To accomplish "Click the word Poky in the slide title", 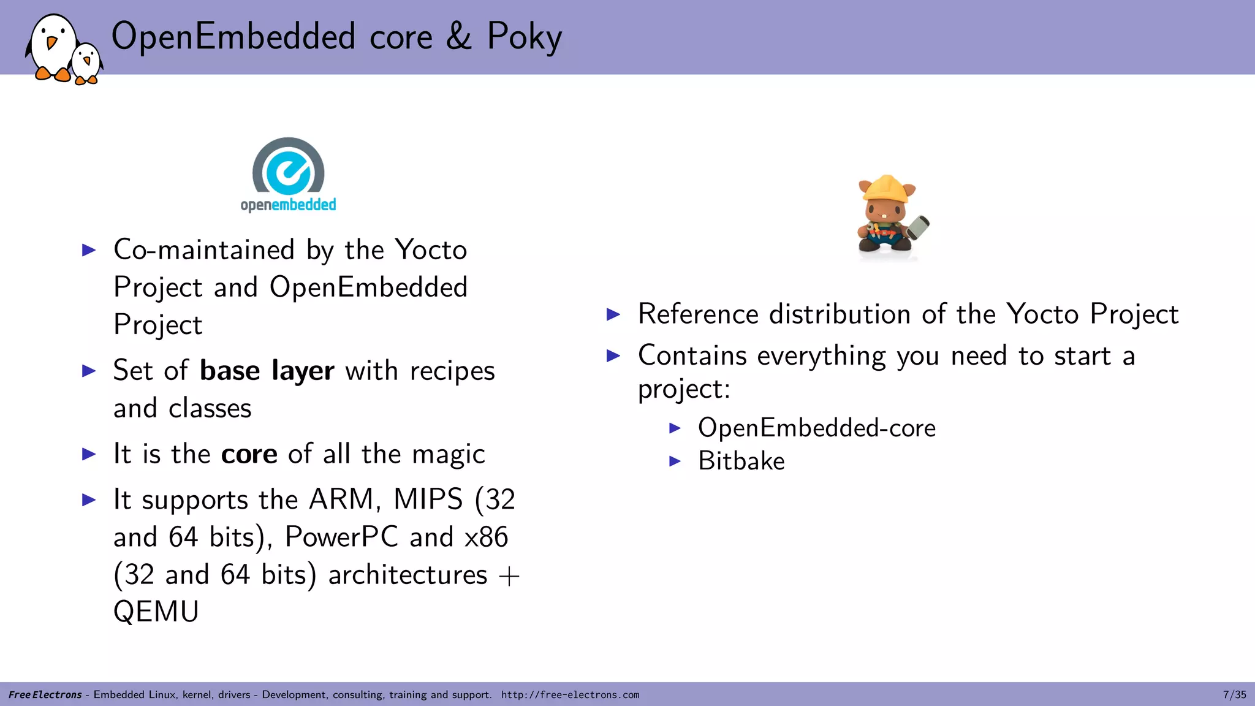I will pyautogui.click(x=524, y=37).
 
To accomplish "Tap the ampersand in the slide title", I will pyautogui.click(x=458, y=37).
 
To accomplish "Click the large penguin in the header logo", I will pyautogui.click(x=51, y=47).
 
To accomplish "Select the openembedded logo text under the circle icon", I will pyautogui.click(x=288, y=205).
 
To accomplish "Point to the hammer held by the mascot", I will pyautogui.click(x=917, y=227).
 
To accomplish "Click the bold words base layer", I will pyautogui.click(x=267, y=371).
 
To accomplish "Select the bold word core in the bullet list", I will pyautogui.click(x=249, y=454).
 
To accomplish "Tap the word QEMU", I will pyautogui.click(x=156, y=612).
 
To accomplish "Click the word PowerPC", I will pyautogui.click(x=342, y=537).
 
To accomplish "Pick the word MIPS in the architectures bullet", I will pyautogui.click(x=428, y=499).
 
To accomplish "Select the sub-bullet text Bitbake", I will pyautogui.click(x=741, y=461).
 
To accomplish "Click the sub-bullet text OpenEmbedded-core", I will pyautogui.click(x=816, y=428).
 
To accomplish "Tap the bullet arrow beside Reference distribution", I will pyautogui.click(x=613, y=315).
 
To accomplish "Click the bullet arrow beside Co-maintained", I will pyautogui.click(x=89, y=250).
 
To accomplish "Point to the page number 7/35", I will pyautogui.click(x=1234, y=694).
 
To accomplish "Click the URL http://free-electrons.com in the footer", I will pyautogui.click(x=570, y=695).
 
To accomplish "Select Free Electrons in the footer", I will pyautogui.click(x=45, y=695).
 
